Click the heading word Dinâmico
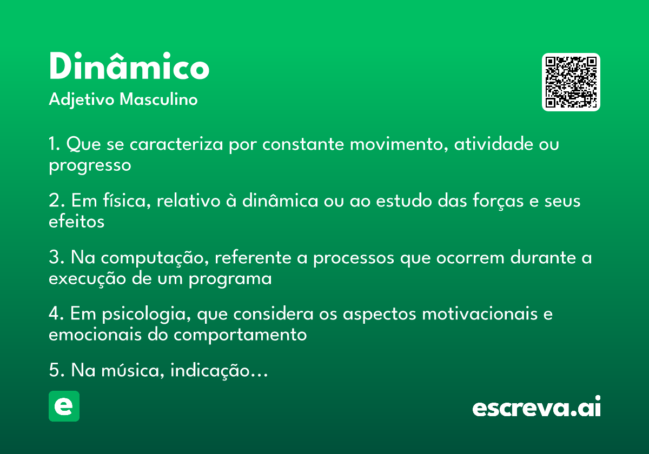[x=129, y=66]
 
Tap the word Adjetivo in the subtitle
[x=82, y=100]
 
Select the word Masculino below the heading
[x=158, y=99]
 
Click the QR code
[x=571, y=82]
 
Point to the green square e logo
[x=64, y=406]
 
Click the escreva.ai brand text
[x=537, y=406]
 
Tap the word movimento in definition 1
[x=399, y=144]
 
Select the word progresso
[x=90, y=165]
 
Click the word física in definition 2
[x=127, y=201]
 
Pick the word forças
[x=498, y=201]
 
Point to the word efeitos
[x=76, y=222]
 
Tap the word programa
[x=230, y=279]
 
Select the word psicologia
[x=147, y=314]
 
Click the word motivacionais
[x=480, y=314]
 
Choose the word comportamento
[x=240, y=335]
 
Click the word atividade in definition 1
[x=493, y=144]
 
